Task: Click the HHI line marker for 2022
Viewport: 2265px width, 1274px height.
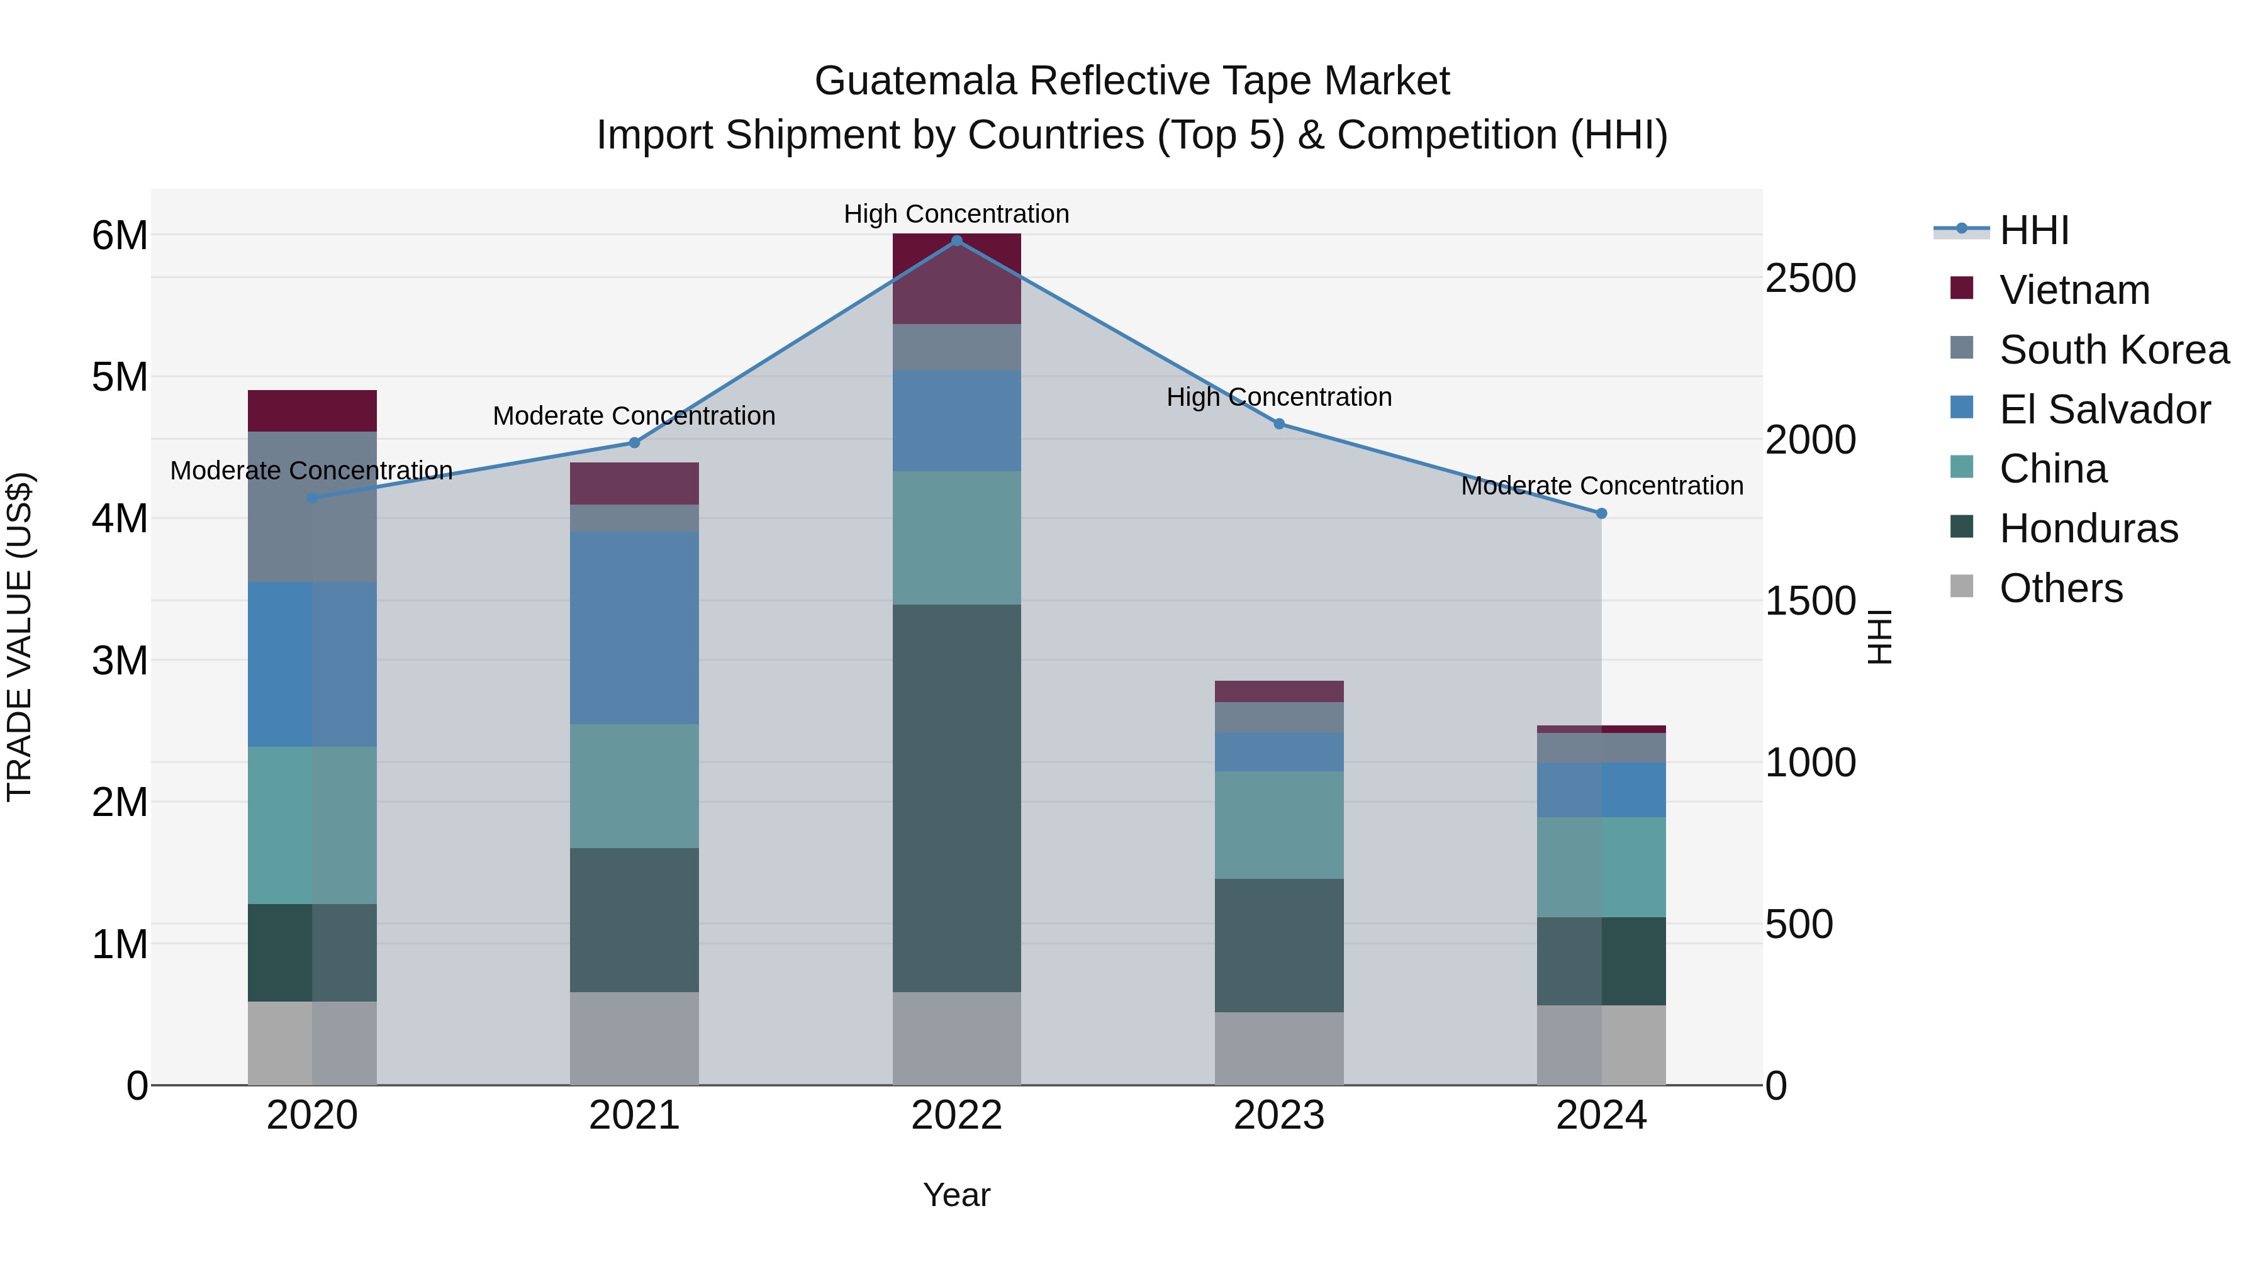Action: click(956, 241)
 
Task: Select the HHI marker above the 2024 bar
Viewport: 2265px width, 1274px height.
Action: click(1601, 513)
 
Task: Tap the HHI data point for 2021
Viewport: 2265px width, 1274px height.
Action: click(634, 443)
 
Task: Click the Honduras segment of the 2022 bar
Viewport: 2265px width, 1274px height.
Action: click(956, 798)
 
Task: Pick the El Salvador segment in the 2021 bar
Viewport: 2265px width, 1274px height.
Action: click(634, 628)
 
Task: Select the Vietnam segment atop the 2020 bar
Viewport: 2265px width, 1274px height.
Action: click(312, 411)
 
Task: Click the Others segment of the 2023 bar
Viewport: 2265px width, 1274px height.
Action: click(1278, 1048)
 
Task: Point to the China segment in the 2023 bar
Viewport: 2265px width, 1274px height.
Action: click(1278, 825)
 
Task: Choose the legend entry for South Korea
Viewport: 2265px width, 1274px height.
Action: click(2114, 350)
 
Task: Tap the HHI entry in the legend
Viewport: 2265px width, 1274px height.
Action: click(2033, 230)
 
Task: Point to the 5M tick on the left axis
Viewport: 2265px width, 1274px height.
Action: click(120, 377)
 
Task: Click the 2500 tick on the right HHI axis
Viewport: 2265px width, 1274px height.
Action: click(1810, 278)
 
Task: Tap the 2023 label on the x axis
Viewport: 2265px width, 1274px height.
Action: click(1278, 1115)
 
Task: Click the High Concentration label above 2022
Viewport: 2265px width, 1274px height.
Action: click(956, 214)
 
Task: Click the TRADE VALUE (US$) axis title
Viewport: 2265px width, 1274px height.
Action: click(20, 637)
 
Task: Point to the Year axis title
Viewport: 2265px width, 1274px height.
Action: click(956, 1195)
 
